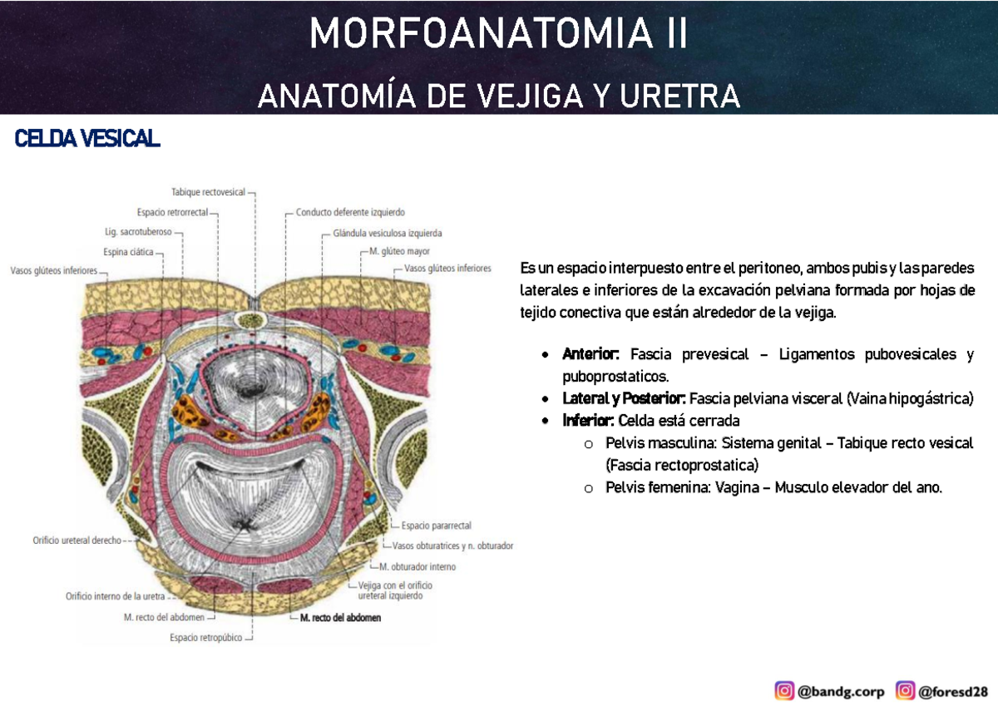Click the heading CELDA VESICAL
87,140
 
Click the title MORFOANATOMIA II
498,35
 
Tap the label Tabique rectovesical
208,192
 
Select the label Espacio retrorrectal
172,212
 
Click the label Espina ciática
128,252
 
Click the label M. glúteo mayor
400,250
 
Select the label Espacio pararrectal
436,526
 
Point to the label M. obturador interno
417,566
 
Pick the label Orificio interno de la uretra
118,595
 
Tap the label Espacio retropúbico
205,638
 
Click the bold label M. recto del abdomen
340,618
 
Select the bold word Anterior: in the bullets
592,355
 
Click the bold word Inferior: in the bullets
588,421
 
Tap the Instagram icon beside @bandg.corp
784,690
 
